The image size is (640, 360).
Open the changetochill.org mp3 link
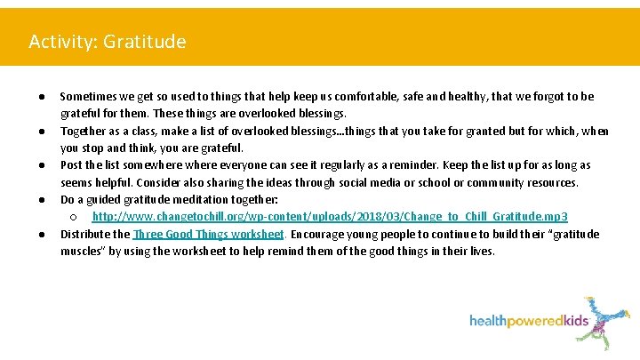pos(330,217)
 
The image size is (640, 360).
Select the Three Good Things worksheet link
pos(208,234)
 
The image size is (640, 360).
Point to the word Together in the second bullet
pos(84,132)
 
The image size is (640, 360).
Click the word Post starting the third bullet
pos(71,165)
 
